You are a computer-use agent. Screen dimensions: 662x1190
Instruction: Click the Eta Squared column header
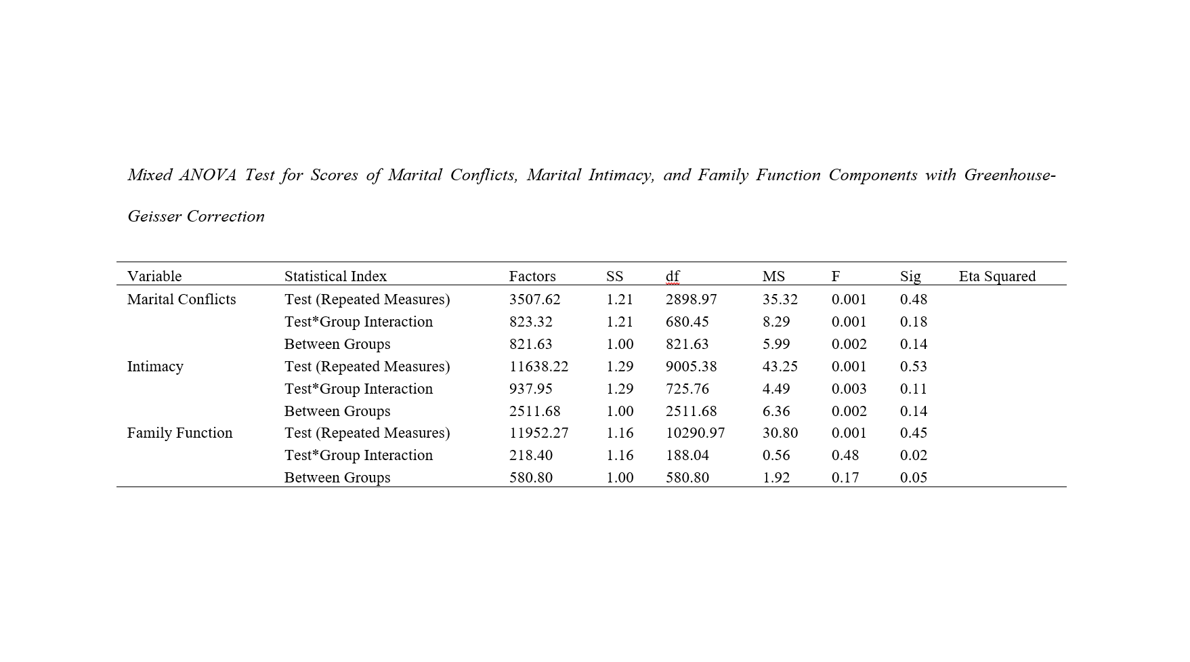[997, 276]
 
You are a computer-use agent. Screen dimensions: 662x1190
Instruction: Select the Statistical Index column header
[335, 276]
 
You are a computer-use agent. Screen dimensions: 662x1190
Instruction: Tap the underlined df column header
[673, 276]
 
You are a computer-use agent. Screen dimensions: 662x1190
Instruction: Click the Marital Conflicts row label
[182, 299]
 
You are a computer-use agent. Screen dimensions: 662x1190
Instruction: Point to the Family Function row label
[179, 433]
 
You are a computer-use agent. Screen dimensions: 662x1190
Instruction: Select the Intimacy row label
[155, 367]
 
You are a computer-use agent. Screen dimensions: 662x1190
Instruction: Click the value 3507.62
[534, 299]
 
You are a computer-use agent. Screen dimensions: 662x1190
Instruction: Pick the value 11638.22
[538, 367]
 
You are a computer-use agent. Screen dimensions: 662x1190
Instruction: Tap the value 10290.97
[695, 433]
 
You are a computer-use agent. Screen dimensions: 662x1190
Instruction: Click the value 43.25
[780, 367]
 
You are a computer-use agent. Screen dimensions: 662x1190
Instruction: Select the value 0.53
[913, 367]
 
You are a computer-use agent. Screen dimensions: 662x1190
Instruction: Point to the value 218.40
[530, 455]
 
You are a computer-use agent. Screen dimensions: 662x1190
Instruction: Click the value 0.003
[849, 389]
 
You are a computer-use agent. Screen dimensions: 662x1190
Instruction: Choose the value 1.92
[775, 478]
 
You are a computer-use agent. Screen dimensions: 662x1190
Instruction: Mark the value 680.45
[687, 322]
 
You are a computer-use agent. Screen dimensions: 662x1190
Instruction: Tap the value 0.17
[845, 478]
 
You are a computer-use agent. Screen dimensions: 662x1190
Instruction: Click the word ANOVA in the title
[207, 175]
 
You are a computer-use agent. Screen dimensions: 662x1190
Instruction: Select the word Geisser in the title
[154, 217]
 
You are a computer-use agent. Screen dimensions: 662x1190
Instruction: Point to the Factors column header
[532, 276]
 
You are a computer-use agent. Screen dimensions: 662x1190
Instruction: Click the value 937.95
[530, 389]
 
